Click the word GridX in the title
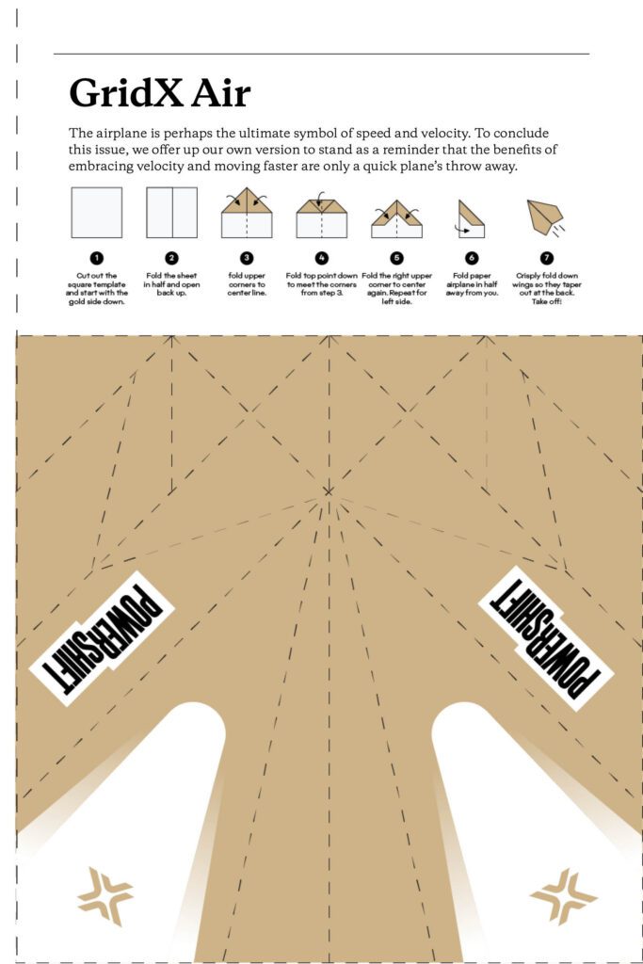126,93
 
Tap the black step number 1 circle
97,258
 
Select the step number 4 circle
322,258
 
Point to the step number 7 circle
546,258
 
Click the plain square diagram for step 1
97,212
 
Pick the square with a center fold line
171,212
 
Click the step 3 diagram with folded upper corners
247,212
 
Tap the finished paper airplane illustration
546,217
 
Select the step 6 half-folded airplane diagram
472,218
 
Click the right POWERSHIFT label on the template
546,638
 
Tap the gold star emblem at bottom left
105,896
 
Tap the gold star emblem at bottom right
564,896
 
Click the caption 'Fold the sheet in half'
171,280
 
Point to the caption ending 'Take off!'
546,288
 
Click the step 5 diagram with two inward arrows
396,218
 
